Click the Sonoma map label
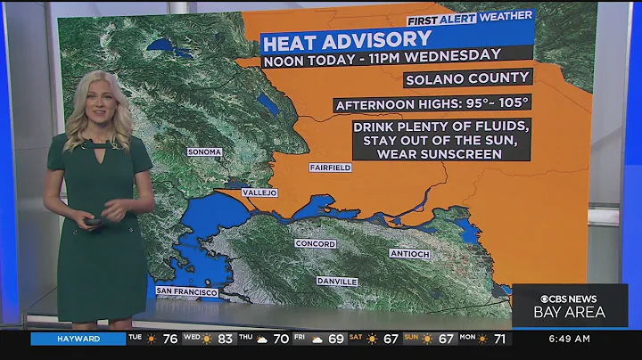[x=204, y=151]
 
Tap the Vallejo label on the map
[x=259, y=192]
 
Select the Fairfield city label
[x=330, y=168]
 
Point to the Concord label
[x=316, y=244]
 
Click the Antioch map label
[x=409, y=253]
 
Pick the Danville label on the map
[x=337, y=282]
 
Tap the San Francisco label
[x=186, y=291]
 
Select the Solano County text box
[x=481, y=78]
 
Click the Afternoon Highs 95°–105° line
[x=432, y=104]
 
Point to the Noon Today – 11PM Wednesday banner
[x=382, y=61]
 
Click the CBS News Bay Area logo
[x=571, y=305]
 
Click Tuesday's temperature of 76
[x=169, y=339]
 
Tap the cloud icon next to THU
[x=263, y=339]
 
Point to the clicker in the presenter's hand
[x=95, y=220]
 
